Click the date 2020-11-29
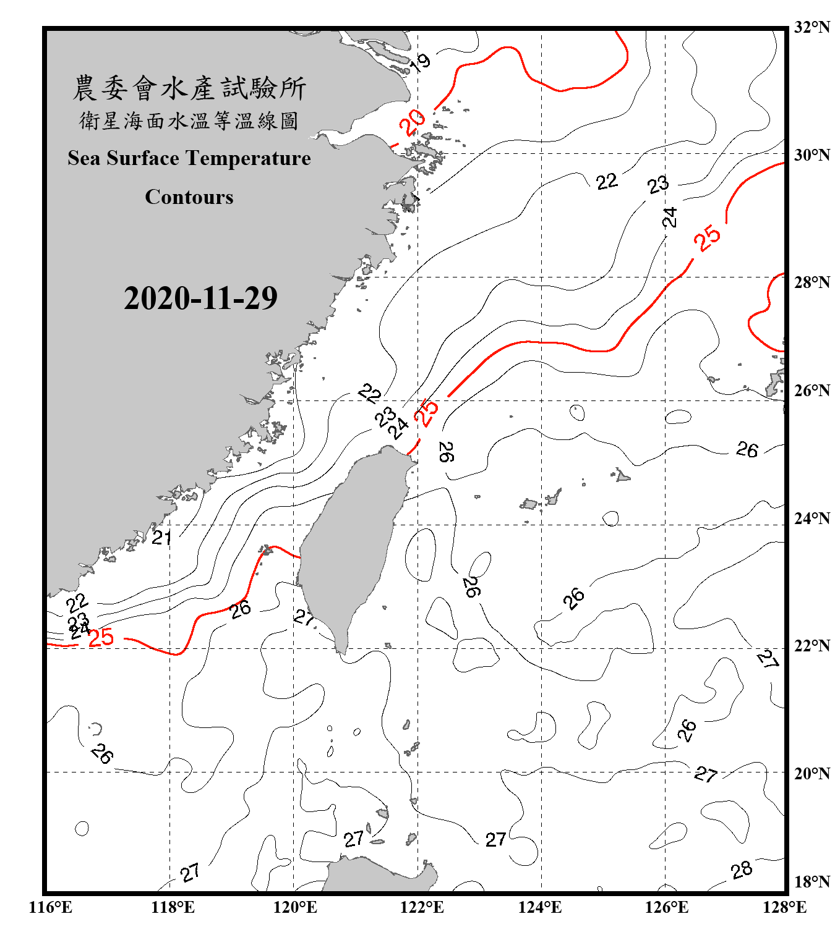point(200,298)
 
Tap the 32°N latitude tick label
point(811,27)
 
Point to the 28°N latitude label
point(811,282)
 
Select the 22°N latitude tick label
point(811,646)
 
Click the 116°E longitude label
point(51,907)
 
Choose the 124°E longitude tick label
point(540,907)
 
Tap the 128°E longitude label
point(784,907)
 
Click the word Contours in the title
point(189,197)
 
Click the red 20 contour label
point(412,122)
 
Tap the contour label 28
point(741,870)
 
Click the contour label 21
point(161,538)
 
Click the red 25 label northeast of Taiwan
point(426,412)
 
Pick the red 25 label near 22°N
point(101,638)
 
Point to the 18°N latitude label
point(811,882)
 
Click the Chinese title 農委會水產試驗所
point(189,88)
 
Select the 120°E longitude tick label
point(295,907)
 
